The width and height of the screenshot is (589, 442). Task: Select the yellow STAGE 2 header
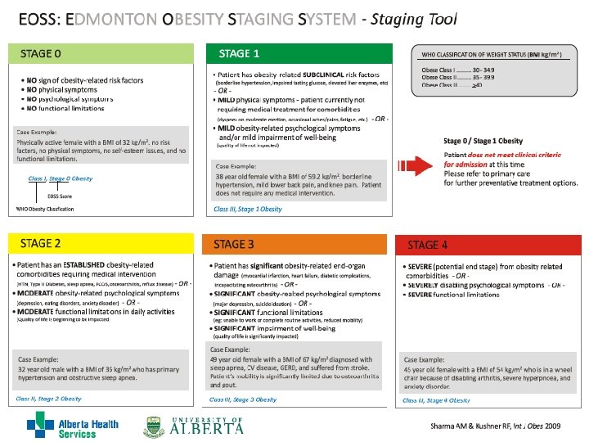105,243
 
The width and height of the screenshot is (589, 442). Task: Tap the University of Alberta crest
155,426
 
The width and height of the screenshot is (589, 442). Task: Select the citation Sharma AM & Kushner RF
496,426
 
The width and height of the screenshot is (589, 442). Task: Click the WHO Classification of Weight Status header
492,55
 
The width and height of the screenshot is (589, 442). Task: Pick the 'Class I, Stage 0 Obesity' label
60,178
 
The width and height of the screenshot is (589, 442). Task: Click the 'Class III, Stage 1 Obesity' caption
248,210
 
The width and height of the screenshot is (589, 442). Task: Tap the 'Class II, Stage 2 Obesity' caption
48,399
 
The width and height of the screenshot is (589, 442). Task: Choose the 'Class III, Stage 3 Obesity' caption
243,399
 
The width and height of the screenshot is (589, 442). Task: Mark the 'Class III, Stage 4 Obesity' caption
436,400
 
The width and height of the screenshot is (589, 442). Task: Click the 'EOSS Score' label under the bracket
60,196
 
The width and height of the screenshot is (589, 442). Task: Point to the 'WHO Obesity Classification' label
45,210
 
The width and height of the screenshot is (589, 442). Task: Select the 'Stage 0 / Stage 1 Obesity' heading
483,142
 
